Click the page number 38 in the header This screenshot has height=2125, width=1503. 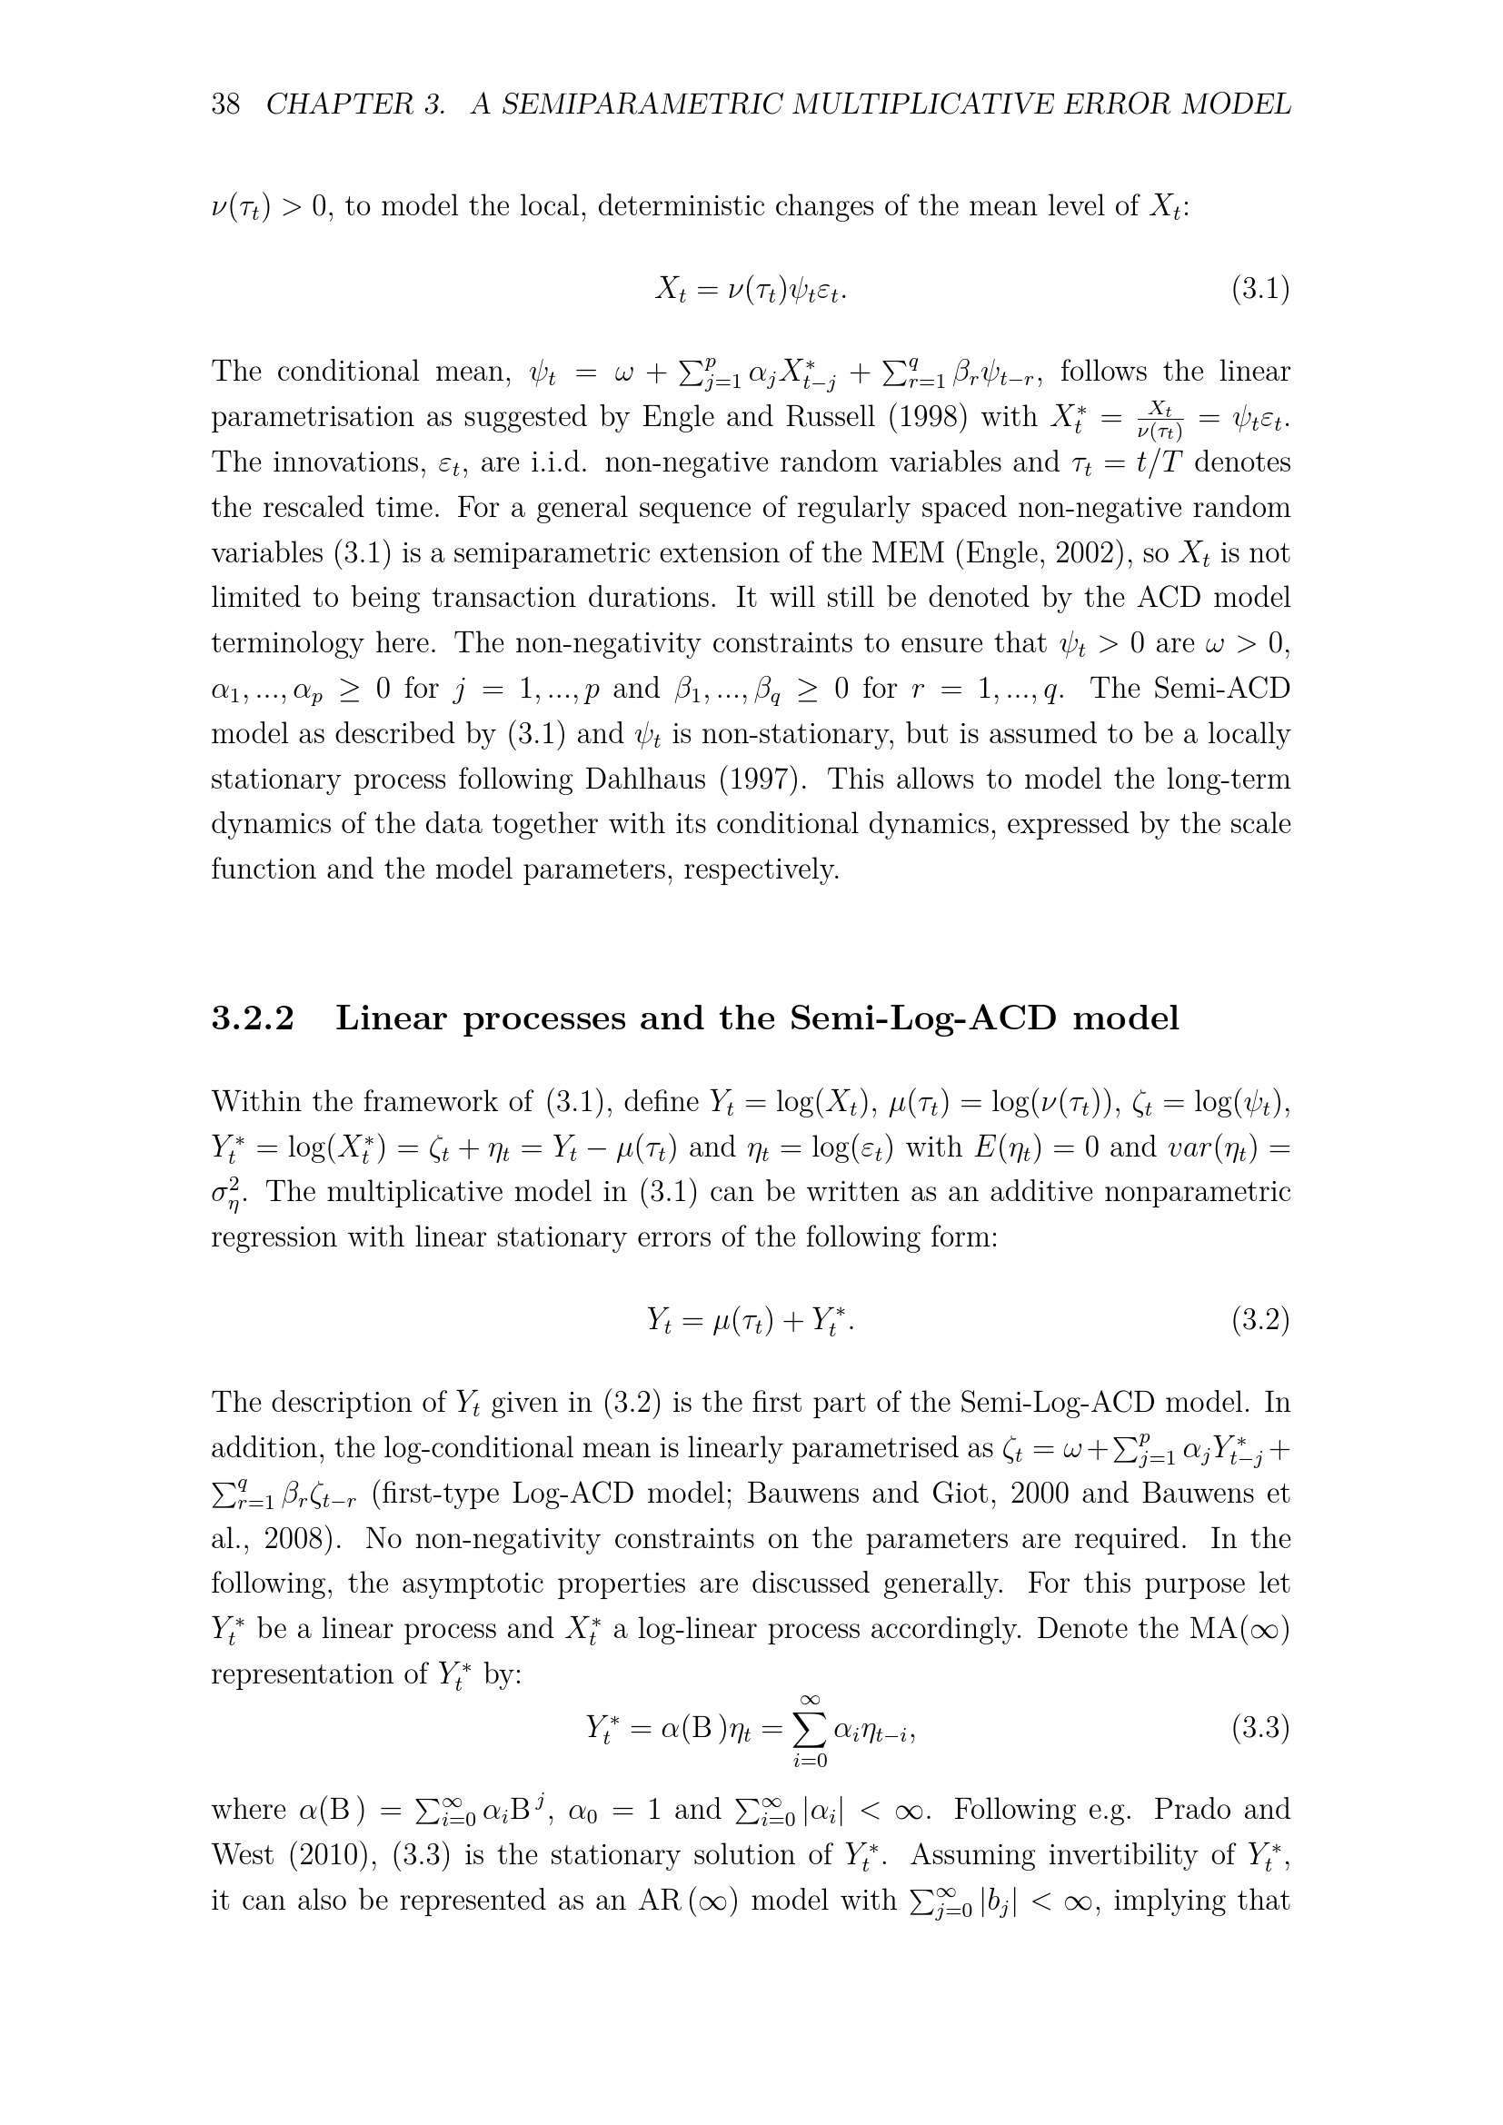(x=226, y=104)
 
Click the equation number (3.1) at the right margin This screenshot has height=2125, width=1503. (x=1259, y=290)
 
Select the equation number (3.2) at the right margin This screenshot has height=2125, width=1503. (x=1259, y=1320)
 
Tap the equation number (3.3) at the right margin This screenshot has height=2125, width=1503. (x=1259, y=1728)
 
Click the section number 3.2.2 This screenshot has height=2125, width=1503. (x=253, y=1018)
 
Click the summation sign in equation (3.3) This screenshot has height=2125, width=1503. (x=809, y=1728)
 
